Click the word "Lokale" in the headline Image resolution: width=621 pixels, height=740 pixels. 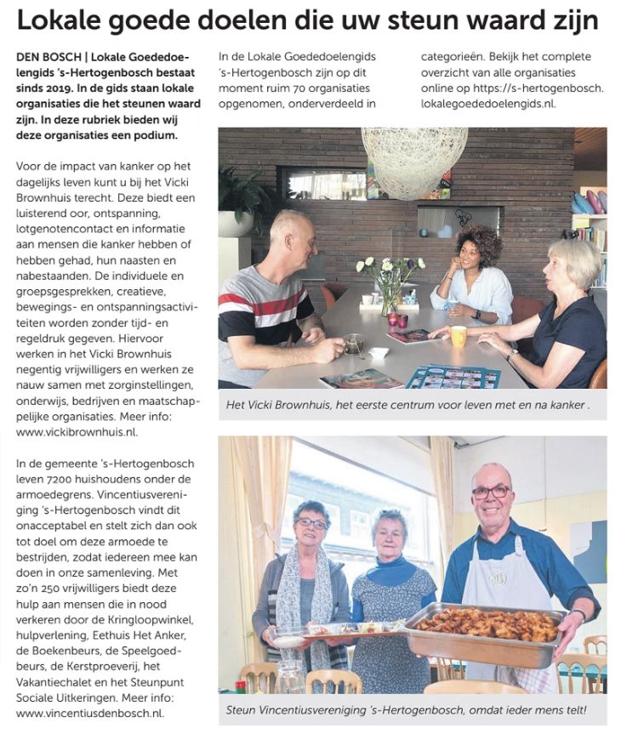click(x=64, y=20)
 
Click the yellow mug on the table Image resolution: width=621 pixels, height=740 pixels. click(x=459, y=336)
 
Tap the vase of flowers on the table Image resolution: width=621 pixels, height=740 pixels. click(x=390, y=284)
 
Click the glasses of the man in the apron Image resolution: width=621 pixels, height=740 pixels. click(x=492, y=492)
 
